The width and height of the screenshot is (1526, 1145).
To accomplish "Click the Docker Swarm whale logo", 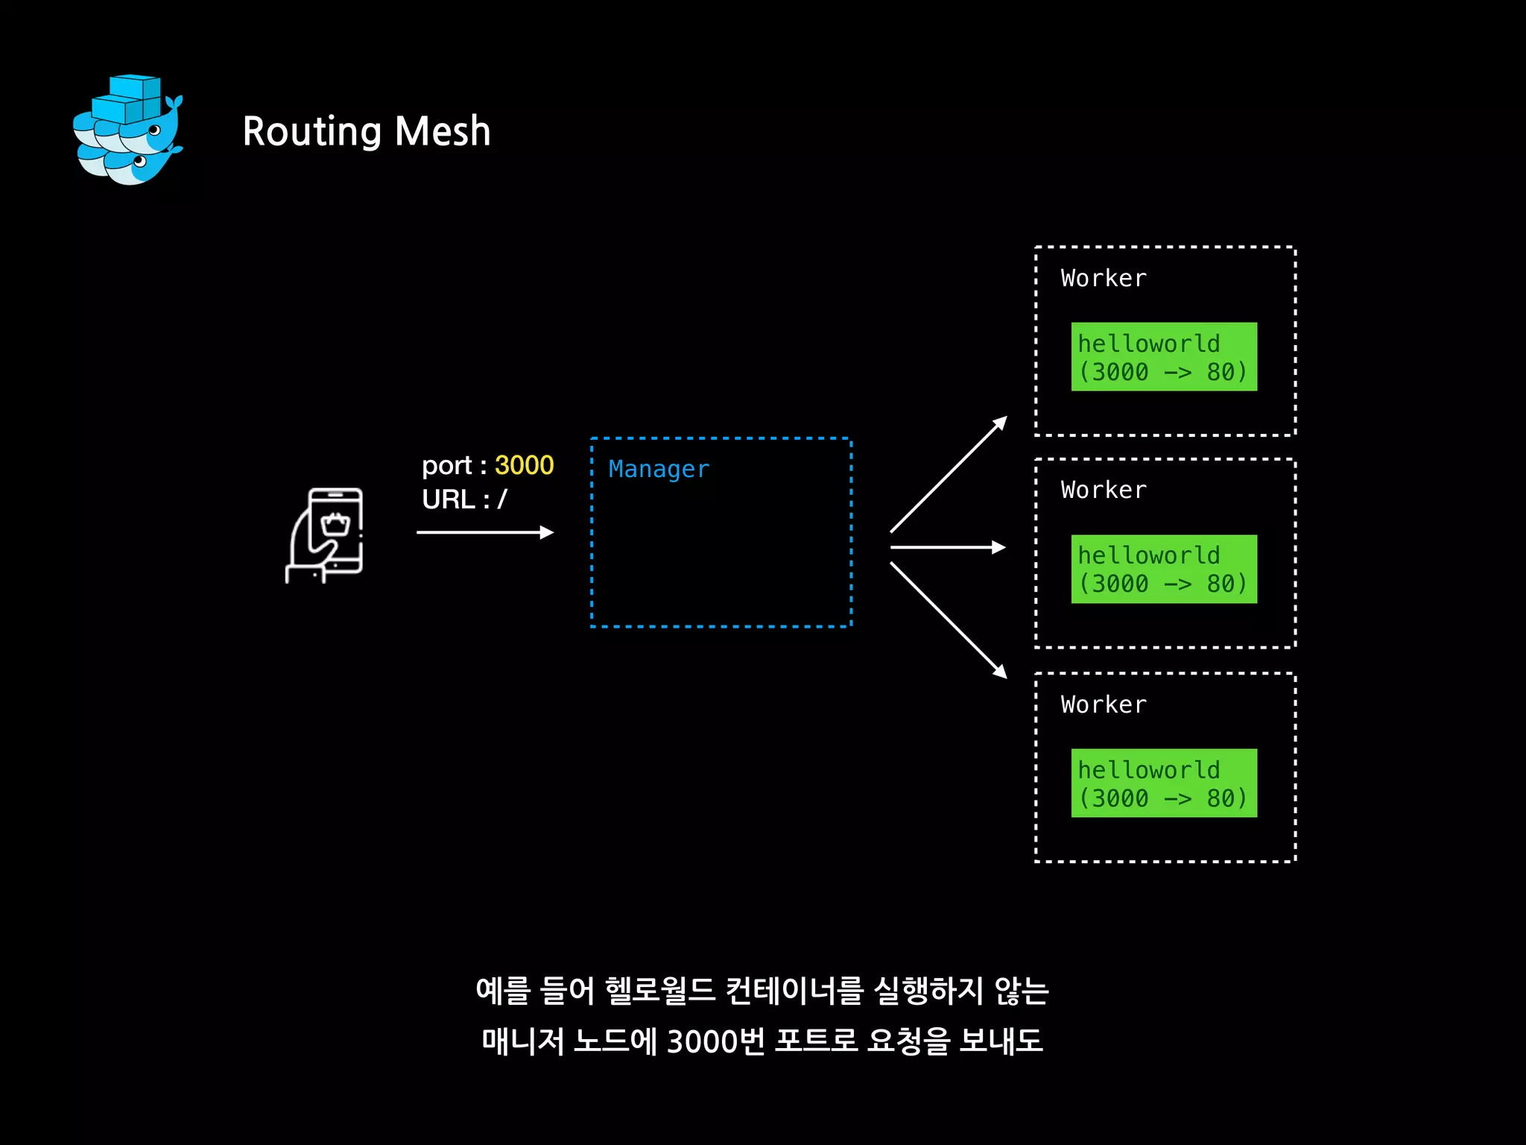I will click(128, 130).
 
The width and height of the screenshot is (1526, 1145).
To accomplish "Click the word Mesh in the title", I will click(443, 131).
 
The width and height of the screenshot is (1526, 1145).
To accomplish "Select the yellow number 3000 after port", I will click(524, 465).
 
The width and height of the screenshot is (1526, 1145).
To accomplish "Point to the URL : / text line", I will click(464, 499).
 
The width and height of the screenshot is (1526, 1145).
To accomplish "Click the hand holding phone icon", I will click(326, 534).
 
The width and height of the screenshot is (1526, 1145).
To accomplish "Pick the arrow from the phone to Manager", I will click(484, 532).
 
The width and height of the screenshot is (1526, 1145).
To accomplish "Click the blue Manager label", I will click(659, 469).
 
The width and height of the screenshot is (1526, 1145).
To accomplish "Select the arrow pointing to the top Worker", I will click(949, 474).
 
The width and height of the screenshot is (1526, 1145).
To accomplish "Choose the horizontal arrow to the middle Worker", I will click(948, 547).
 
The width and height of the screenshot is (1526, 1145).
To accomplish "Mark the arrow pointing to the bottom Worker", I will click(949, 619).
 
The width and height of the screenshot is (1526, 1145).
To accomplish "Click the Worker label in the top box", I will click(1104, 278).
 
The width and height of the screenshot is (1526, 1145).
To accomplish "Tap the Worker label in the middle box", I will click(1104, 490).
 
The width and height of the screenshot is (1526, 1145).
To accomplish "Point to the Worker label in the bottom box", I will click(1104, 704).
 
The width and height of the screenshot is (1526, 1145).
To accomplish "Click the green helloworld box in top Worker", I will click(1164, 357).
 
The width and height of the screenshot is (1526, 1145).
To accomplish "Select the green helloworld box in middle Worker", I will click(1164, 569).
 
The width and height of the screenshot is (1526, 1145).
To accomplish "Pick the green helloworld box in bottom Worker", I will click(1164, 783).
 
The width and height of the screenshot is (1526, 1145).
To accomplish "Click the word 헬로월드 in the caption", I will click(659, 991).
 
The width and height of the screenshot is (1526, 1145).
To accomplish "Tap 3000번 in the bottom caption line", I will click(715, 1041).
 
